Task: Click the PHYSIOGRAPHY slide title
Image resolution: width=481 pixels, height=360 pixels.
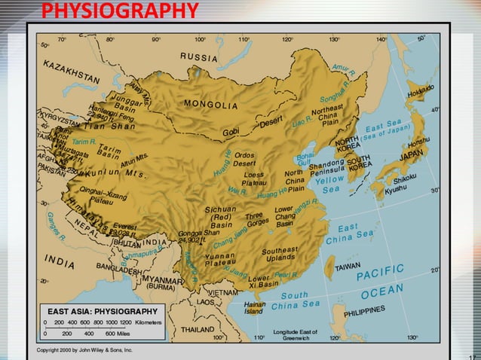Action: pyautogui.click(x=120, y=11)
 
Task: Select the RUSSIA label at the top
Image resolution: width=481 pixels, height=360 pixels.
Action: pyautogui.click(x=198, y=58)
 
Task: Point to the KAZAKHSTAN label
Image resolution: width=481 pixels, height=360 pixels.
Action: pyautogui.click(x=72, y=72)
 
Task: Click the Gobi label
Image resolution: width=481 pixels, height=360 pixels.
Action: pyautogui.click(x=230, y=133)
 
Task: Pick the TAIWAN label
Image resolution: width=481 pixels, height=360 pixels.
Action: pyautogui.click(x=348, y=267)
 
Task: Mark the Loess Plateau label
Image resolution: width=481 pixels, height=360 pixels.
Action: pyautogui.click(x=254, y=180)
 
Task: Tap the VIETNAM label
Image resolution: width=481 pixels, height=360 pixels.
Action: pyautogui.click(x=225, y=291)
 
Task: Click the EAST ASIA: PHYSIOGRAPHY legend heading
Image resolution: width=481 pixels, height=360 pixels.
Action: pyautogui.click(x=103, y=311)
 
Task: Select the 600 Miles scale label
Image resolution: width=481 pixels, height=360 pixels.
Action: pyautogui.click(x=121, y=332)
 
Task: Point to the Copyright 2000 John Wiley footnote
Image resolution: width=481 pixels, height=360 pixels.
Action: pyautogui.click(x=84, y=350)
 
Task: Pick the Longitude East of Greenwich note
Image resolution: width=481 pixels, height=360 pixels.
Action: pyautogui.click(x=296, y=334)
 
